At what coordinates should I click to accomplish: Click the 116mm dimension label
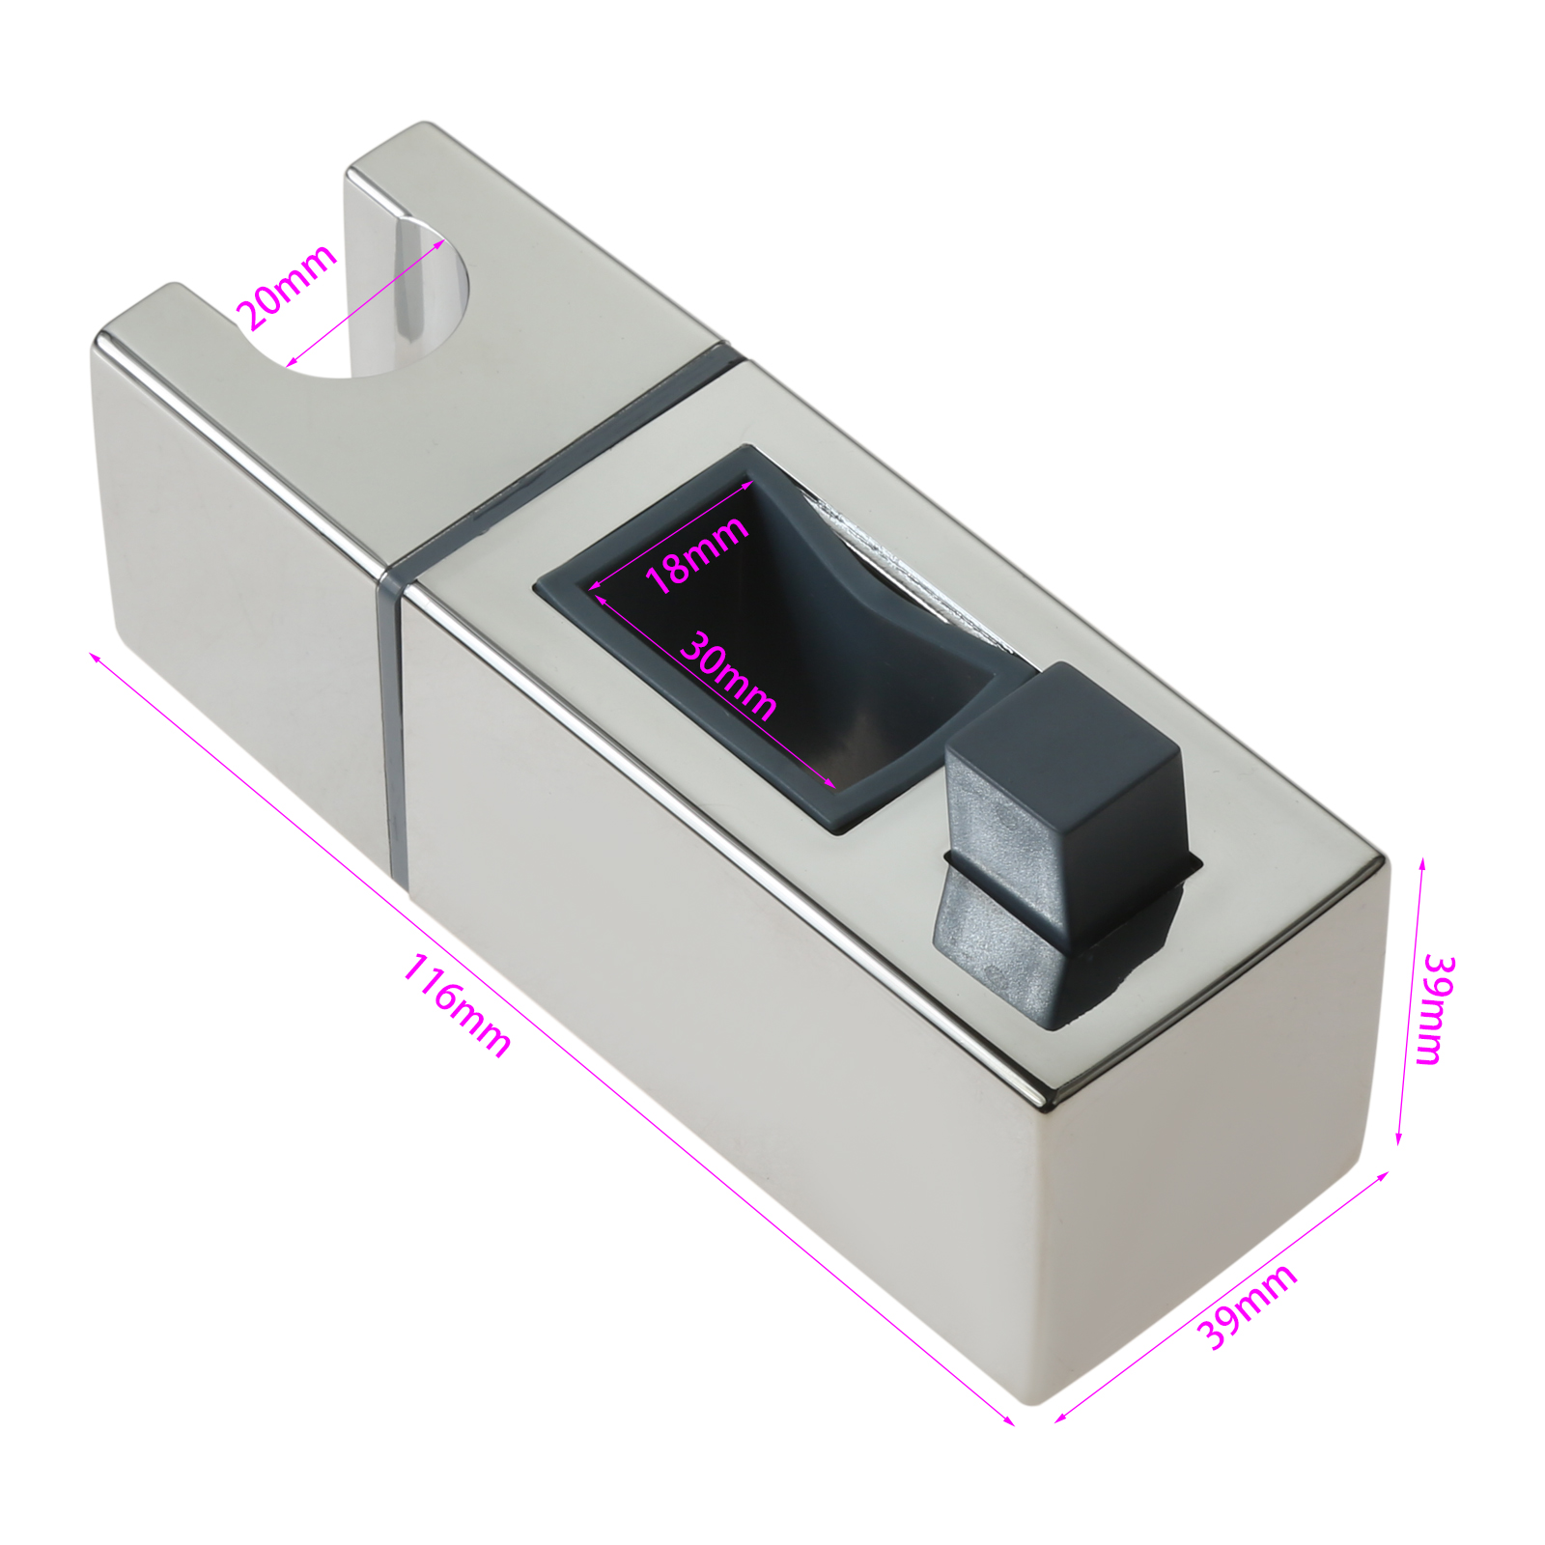pos(456,1004)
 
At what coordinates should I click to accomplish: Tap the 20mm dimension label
pos(287,287)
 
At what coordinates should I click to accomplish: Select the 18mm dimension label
pos(696,553)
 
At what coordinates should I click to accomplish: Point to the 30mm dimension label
pos(728,675)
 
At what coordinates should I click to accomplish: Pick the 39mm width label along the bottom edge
pos(1247,1306)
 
